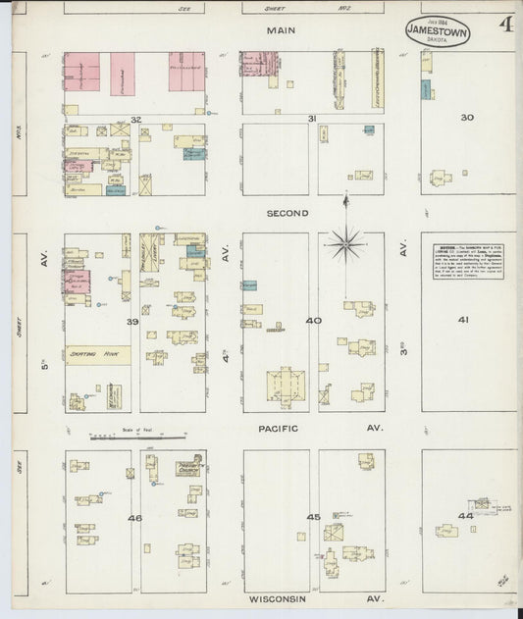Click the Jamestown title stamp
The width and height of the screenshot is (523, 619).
point(437,30)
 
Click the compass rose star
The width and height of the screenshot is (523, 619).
point(348,240)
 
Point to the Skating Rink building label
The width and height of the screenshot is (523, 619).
point(90,356)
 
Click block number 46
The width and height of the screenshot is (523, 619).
point(134,517)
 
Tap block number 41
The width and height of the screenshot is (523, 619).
point(463,320)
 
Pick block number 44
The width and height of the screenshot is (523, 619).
point(465,515)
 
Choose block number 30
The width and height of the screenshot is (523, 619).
point(467,118)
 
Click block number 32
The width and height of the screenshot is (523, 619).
point(136,120)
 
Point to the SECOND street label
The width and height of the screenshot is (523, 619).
point(288,212)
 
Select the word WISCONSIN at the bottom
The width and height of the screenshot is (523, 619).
point(279,598)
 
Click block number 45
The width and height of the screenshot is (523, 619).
point(313,517)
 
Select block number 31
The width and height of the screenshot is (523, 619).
point(311,119)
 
